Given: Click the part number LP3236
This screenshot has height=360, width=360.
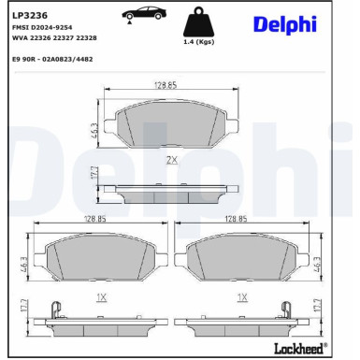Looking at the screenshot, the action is pyautogui.click(x=30, y=15).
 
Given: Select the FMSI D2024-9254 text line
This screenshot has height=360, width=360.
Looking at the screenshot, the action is pyautogui.click(x=42, y=27).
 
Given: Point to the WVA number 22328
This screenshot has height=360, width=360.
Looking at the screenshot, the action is pyautogui.click(x=86, y=38).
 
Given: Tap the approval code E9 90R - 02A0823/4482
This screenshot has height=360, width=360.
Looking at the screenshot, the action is pyautogui.click(x=52, y=59).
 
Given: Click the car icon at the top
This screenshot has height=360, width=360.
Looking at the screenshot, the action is pyautogui.click(x=144, y=14).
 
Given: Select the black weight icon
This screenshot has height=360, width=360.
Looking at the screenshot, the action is pyautogui.click(x=198, y=22).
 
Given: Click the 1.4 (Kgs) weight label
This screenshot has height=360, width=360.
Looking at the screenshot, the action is pyautogui.click(x=198, y=42).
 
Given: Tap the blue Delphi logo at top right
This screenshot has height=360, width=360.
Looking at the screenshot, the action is pyautogui.click(x=285, y=24).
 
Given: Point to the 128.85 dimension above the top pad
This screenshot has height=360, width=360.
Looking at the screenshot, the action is pyautogui.click(x=166, y=85).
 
